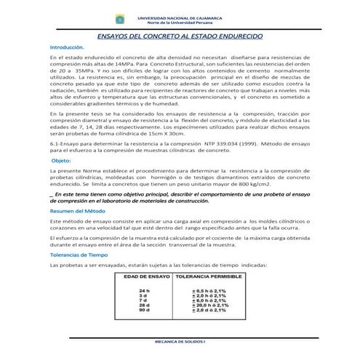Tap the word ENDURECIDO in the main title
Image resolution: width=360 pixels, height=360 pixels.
coord(247,33)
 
